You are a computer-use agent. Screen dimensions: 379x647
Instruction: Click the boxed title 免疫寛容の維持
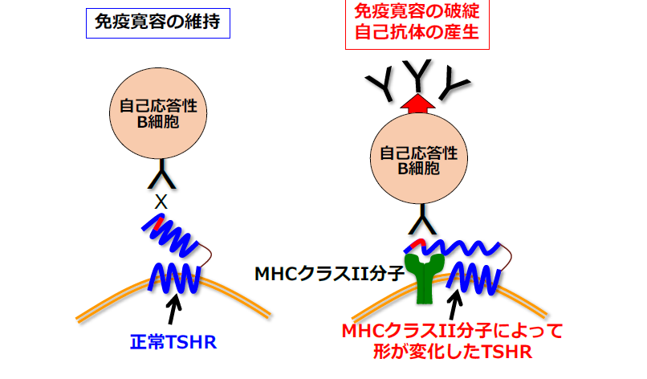click(158, 23)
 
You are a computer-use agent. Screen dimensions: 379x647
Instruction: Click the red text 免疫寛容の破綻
click(417, 14)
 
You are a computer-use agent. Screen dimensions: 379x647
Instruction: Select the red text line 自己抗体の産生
click(417, 36)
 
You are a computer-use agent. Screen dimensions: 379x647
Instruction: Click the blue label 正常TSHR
click(174, 343)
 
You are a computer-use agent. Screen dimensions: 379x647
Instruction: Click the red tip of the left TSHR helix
click(150, 226)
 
